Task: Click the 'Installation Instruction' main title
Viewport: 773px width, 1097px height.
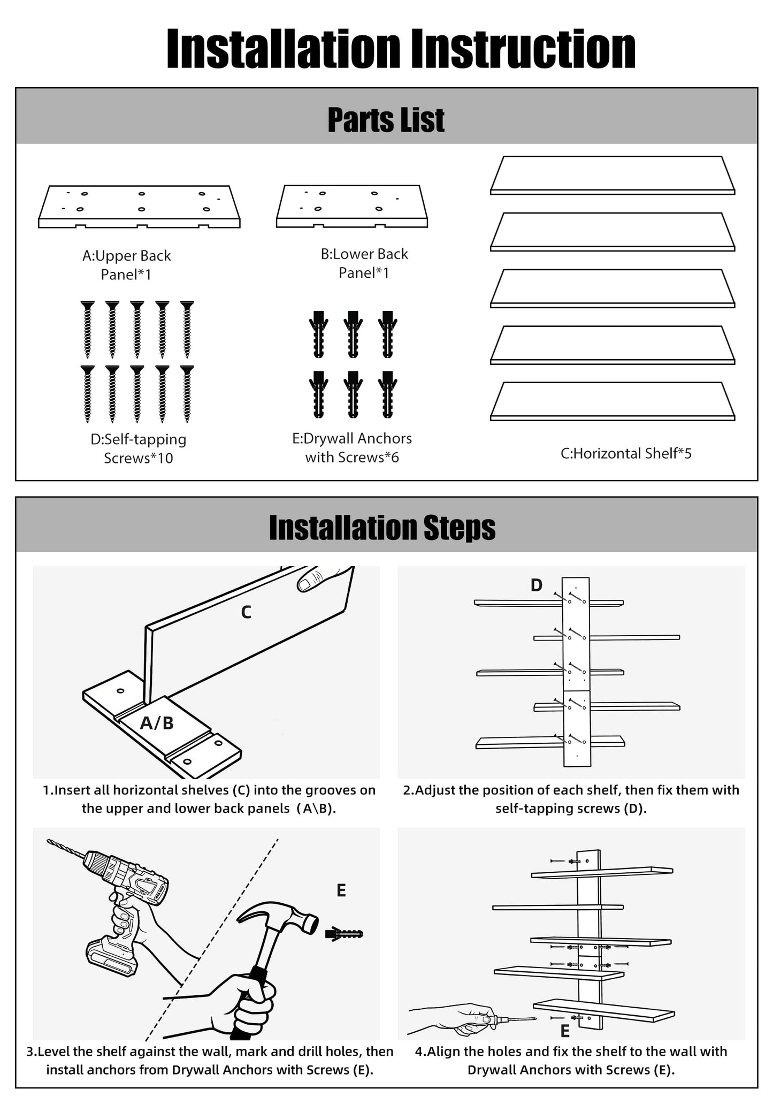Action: [x=401, y=49]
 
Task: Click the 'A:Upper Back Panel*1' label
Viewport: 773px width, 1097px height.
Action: [x=126, y=265]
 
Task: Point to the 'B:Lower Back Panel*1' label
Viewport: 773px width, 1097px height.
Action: [x=364, y=263]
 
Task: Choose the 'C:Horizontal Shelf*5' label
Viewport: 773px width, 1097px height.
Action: [x=626, y=453]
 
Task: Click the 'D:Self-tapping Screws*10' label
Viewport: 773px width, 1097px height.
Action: [x=139, y=448]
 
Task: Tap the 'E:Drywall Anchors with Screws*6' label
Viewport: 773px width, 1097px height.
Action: [x=352, y=447]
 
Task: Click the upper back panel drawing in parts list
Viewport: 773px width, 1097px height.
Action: [x=139, y=207]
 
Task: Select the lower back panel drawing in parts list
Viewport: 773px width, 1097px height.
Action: [x=352, y=206]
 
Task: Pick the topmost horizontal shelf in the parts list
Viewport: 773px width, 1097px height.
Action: [x=613, y=175]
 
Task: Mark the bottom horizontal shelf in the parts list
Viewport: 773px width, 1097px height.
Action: [x=613, y=401]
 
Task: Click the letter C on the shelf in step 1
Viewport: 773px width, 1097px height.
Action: [x=246, y=612]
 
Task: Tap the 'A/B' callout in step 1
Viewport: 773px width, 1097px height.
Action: [x=157, y=723]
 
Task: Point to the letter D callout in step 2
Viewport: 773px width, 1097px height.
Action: [x=537, y=585]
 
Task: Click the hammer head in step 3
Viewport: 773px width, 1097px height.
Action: [x=278, y=917]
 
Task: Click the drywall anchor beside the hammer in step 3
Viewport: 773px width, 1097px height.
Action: [x=344, y=934]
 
